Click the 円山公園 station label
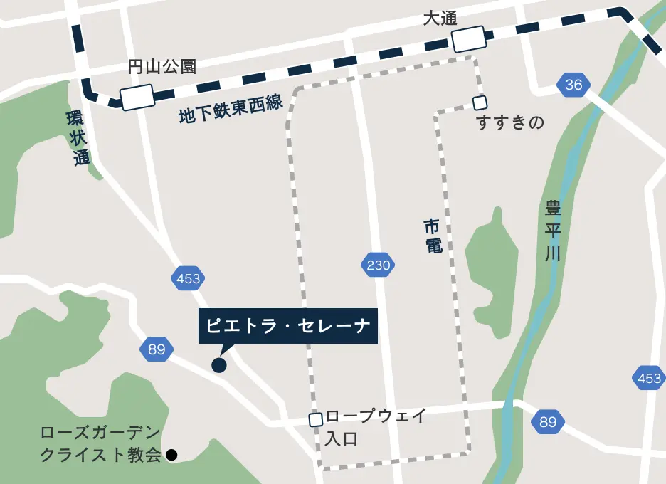pos(162,68)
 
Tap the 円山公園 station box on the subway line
pos(137,98)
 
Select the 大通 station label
pos(440,19)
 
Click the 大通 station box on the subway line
pos(470,39)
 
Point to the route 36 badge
pos(573,85)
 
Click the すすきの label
pos(510,123)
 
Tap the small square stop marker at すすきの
pos(480,102)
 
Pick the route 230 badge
pos(378,266)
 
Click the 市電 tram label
pos(433,237)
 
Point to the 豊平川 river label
pos(553,231)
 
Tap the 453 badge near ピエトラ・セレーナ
pos(188,278)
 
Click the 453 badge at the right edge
pos(649,379)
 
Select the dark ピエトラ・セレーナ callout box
pos(288,326)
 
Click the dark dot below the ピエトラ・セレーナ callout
pos(219,365)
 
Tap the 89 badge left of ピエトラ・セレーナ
pos(157,349)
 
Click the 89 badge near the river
pos(547,422)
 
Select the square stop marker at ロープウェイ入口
pos(316,420)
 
